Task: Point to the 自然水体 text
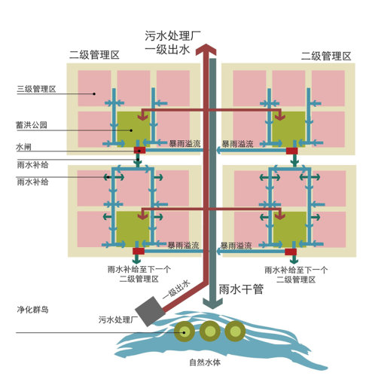204,362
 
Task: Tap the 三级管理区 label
36,90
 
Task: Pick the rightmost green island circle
236,329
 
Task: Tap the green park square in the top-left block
133,126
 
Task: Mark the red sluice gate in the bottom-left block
139,250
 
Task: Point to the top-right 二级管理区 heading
326,56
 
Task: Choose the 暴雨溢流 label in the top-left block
183,142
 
